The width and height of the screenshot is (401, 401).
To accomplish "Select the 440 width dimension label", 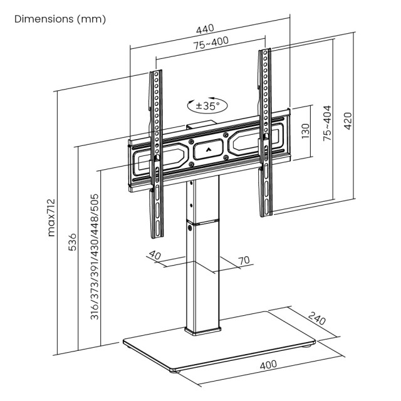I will pyautogui.click(x=205, y=28).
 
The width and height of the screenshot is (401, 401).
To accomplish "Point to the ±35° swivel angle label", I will pyautogui.click(x=207, y=105).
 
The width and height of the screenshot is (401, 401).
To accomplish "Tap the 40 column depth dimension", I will pyautogui.click(x=155, y=256).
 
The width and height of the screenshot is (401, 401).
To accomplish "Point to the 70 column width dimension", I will pyautogui.click(x=244, y=259).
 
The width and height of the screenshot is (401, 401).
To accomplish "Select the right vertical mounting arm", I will pyautogui.click(x=265, y=132).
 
